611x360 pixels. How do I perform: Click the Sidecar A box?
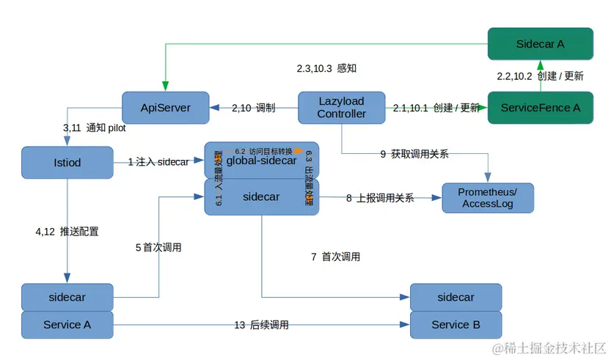[x=540, y=43]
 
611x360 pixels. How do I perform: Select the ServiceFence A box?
[x=540, y=108]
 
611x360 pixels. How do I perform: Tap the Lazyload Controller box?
[x=341, y=108]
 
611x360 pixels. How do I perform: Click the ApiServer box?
[x=165, y=108]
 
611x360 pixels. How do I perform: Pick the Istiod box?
[x=67, y=161]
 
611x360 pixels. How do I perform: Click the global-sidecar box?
[x=261, y=161]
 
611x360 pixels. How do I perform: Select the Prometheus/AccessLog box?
[x=488, y=198]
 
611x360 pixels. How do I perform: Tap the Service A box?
[x=67, y=324]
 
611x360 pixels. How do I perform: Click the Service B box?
[x=455, y=324]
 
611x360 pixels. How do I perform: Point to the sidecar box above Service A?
[x=67, y=297]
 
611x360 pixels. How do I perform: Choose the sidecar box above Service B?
[x=455, y=297]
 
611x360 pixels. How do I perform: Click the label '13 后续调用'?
[x=261, y=325]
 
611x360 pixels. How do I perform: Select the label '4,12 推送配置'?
[x=67, y=231]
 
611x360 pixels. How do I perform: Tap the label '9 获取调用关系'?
[x=414, y=154]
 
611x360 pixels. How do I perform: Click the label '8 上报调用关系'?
[x=379, y=197]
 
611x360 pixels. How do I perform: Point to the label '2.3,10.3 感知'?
[x=326, y=68]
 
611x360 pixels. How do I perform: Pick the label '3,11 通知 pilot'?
[x=94, y=128]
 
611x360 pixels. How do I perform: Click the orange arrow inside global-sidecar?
[x=298, y=152]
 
